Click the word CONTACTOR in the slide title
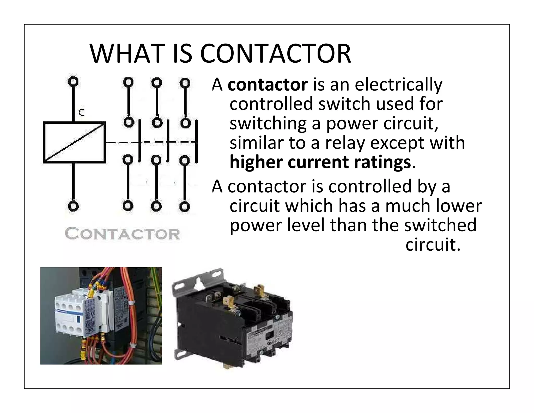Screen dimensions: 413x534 tap(275, 54)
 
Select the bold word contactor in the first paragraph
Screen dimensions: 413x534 tap(268, 85)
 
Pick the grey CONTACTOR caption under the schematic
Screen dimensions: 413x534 tap(122, 234)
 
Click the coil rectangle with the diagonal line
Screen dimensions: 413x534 tap(74, 143)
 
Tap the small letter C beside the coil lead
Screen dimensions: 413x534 tap(82, 113)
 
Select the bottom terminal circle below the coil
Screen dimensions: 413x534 tap(73, 206)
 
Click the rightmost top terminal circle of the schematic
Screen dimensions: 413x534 tap(185, 83)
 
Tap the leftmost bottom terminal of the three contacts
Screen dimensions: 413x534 tap(128, 206)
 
